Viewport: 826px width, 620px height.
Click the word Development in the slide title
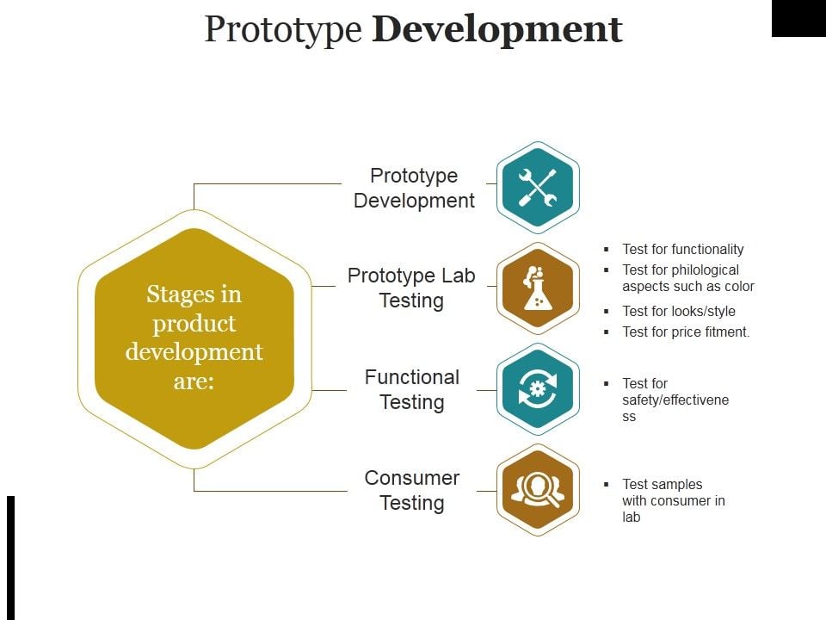pyautogui.click(x=497, y=29)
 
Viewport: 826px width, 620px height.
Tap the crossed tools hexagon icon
pyautogui.click(x=538, y=188)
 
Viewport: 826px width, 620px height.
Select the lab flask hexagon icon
pyautogui.click(x=538, y=288)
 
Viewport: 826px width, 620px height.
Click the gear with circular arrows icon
pyautogui.click(x=538, y=389)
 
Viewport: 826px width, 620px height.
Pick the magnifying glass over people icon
pyautogui.click(x=538, y=490)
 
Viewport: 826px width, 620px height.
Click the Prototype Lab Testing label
pyautogui.click(x=411, y=288)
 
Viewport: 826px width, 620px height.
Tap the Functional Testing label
pyautogui.click(x=412, y=389)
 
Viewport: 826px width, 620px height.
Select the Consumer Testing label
pyautogui.click(x=412, y=490)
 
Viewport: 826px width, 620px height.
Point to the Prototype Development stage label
pyautogui.click(x=414, y=188)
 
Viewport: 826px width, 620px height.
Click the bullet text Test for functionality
pyautogui.click(x=682, y=249)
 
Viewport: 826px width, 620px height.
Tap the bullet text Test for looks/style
pyautogui.click(x=679, y=311)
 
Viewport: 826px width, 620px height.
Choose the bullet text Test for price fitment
pyautogui.click(x=686, y=332)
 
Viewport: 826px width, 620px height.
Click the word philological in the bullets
pyautogui.click(x=706, y=270)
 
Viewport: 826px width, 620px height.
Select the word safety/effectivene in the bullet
pyautogui.click(x=675, y=400)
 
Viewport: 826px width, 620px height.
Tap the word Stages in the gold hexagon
pyautogui.click(x=194, y=294)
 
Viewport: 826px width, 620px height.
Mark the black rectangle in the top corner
pyautogui.click(x=798, y=18)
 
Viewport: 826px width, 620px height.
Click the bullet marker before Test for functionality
pyautogui.click(x=607, y=250)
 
